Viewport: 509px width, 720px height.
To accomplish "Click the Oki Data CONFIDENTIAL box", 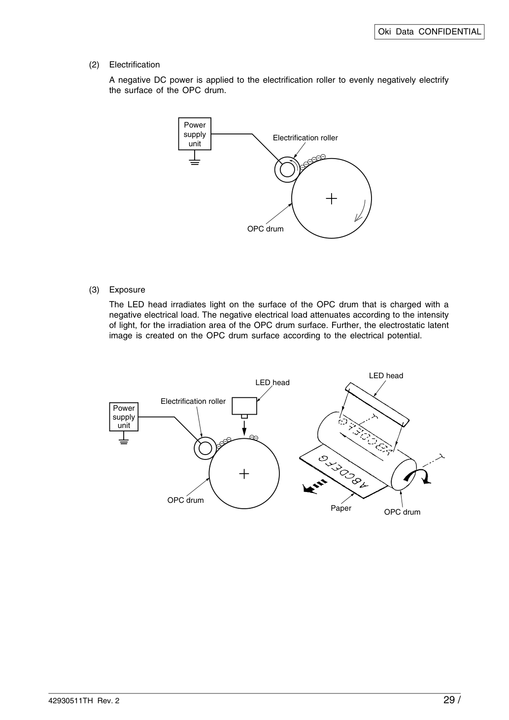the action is (x=429, y=32).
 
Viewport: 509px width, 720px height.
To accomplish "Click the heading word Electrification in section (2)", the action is (x=135, y=65).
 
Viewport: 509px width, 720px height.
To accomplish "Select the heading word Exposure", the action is (x=127, y=290).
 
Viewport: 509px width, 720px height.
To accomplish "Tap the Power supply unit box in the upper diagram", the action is (x=195, y=134).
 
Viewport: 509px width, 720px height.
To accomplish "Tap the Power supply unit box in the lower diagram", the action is (x=124, y=417).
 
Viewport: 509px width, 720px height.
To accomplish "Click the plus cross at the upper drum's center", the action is (x=332, y=198).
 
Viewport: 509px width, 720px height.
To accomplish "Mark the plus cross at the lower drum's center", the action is (x=244, y=474).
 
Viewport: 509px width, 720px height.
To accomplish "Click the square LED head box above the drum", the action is (x=244, y=406).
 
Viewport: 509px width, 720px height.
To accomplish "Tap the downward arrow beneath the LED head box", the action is (x=244, y=427).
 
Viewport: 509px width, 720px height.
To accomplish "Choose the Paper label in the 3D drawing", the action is (x=341, y=508).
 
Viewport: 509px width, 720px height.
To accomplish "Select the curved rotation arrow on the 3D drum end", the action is (x=418, y=476).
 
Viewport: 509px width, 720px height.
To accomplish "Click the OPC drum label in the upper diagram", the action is (x=265, y=229).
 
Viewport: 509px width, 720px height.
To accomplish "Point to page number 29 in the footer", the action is (x=449, y=700).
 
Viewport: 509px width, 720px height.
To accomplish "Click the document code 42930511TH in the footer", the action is (x=71, y=701).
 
